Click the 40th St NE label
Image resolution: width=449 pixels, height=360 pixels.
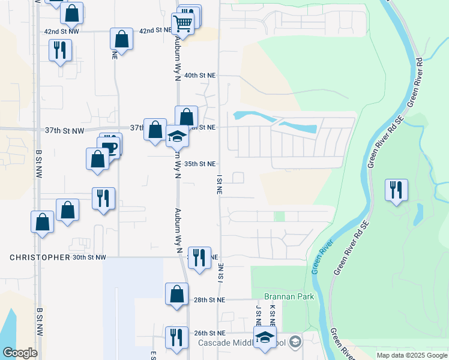[200, 76]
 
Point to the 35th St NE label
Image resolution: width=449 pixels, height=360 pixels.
[200, 163]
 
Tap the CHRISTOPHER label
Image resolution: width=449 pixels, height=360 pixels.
[40, 257]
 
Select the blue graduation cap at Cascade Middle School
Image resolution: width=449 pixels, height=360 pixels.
[265, 337]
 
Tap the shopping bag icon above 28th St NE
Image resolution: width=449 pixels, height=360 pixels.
[176, 294]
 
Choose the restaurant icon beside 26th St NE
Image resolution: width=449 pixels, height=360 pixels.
[176, 337]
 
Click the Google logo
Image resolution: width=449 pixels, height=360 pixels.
[20, 353]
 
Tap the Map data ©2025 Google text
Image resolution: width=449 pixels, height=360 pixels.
[411, 355]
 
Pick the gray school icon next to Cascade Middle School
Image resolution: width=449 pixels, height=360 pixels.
[294, 342]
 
